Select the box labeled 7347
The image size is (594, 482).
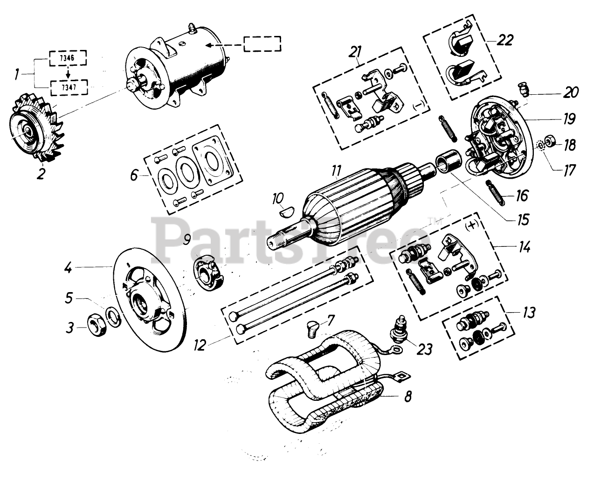[67, 86]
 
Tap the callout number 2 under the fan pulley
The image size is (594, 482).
[41, 175]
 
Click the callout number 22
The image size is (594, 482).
[504, 40]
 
